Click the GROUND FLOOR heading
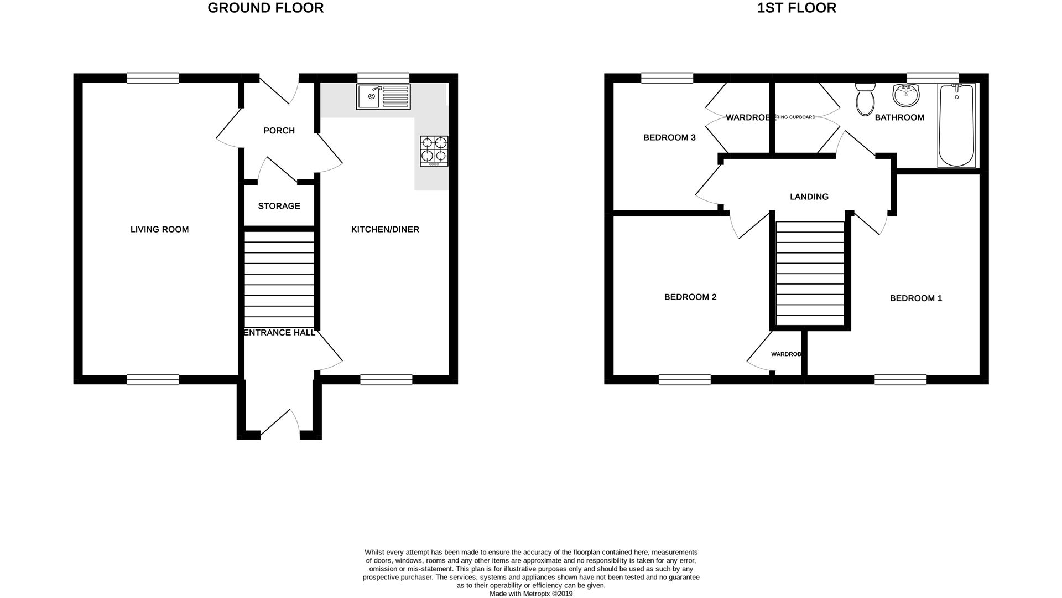tap(265, 8)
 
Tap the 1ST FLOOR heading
tap(796, 8)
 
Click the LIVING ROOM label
tap(159, 229)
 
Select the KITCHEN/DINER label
tap(385, 229)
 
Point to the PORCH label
tap(279, 131)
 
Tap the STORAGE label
tap(279, 206)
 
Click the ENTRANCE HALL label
tap(279, 333)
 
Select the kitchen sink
tap(383, 97)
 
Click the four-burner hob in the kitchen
tap(434, 151)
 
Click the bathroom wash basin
tap(905, 95)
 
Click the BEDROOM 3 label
tap(669, 137)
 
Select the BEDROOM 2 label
tap(690, 297)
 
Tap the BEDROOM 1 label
tap(916, 298)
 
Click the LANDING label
tap(809, 197)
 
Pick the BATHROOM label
tap(899, 117)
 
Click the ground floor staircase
tap(279, 280)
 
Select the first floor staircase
tap(810, 274)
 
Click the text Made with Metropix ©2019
tap(531, 594)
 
